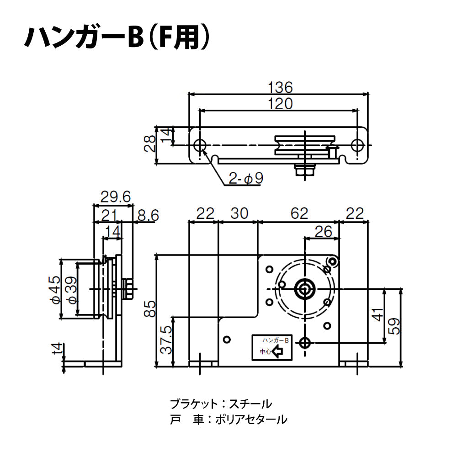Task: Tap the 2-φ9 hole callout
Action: (x=247, y=179)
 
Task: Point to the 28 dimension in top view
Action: (x=149, y=145)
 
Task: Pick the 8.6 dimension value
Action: (x=147, y=215)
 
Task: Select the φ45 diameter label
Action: (x=55, y=290)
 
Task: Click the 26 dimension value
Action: (x=324, y=232)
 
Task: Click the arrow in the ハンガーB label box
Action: (x=278, y=352)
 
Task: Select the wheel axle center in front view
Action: (x=305, y=289)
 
